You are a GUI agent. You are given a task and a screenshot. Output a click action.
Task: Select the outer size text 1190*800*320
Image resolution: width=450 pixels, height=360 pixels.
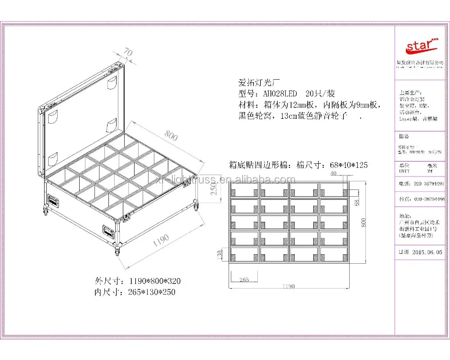point(155,281)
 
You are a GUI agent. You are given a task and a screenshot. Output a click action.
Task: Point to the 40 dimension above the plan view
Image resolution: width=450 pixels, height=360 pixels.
point(333,173)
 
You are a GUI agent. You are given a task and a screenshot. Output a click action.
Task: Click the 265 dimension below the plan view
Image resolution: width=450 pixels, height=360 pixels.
point(245,279)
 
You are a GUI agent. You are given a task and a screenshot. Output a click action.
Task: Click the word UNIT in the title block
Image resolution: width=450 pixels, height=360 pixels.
point(404,171)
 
